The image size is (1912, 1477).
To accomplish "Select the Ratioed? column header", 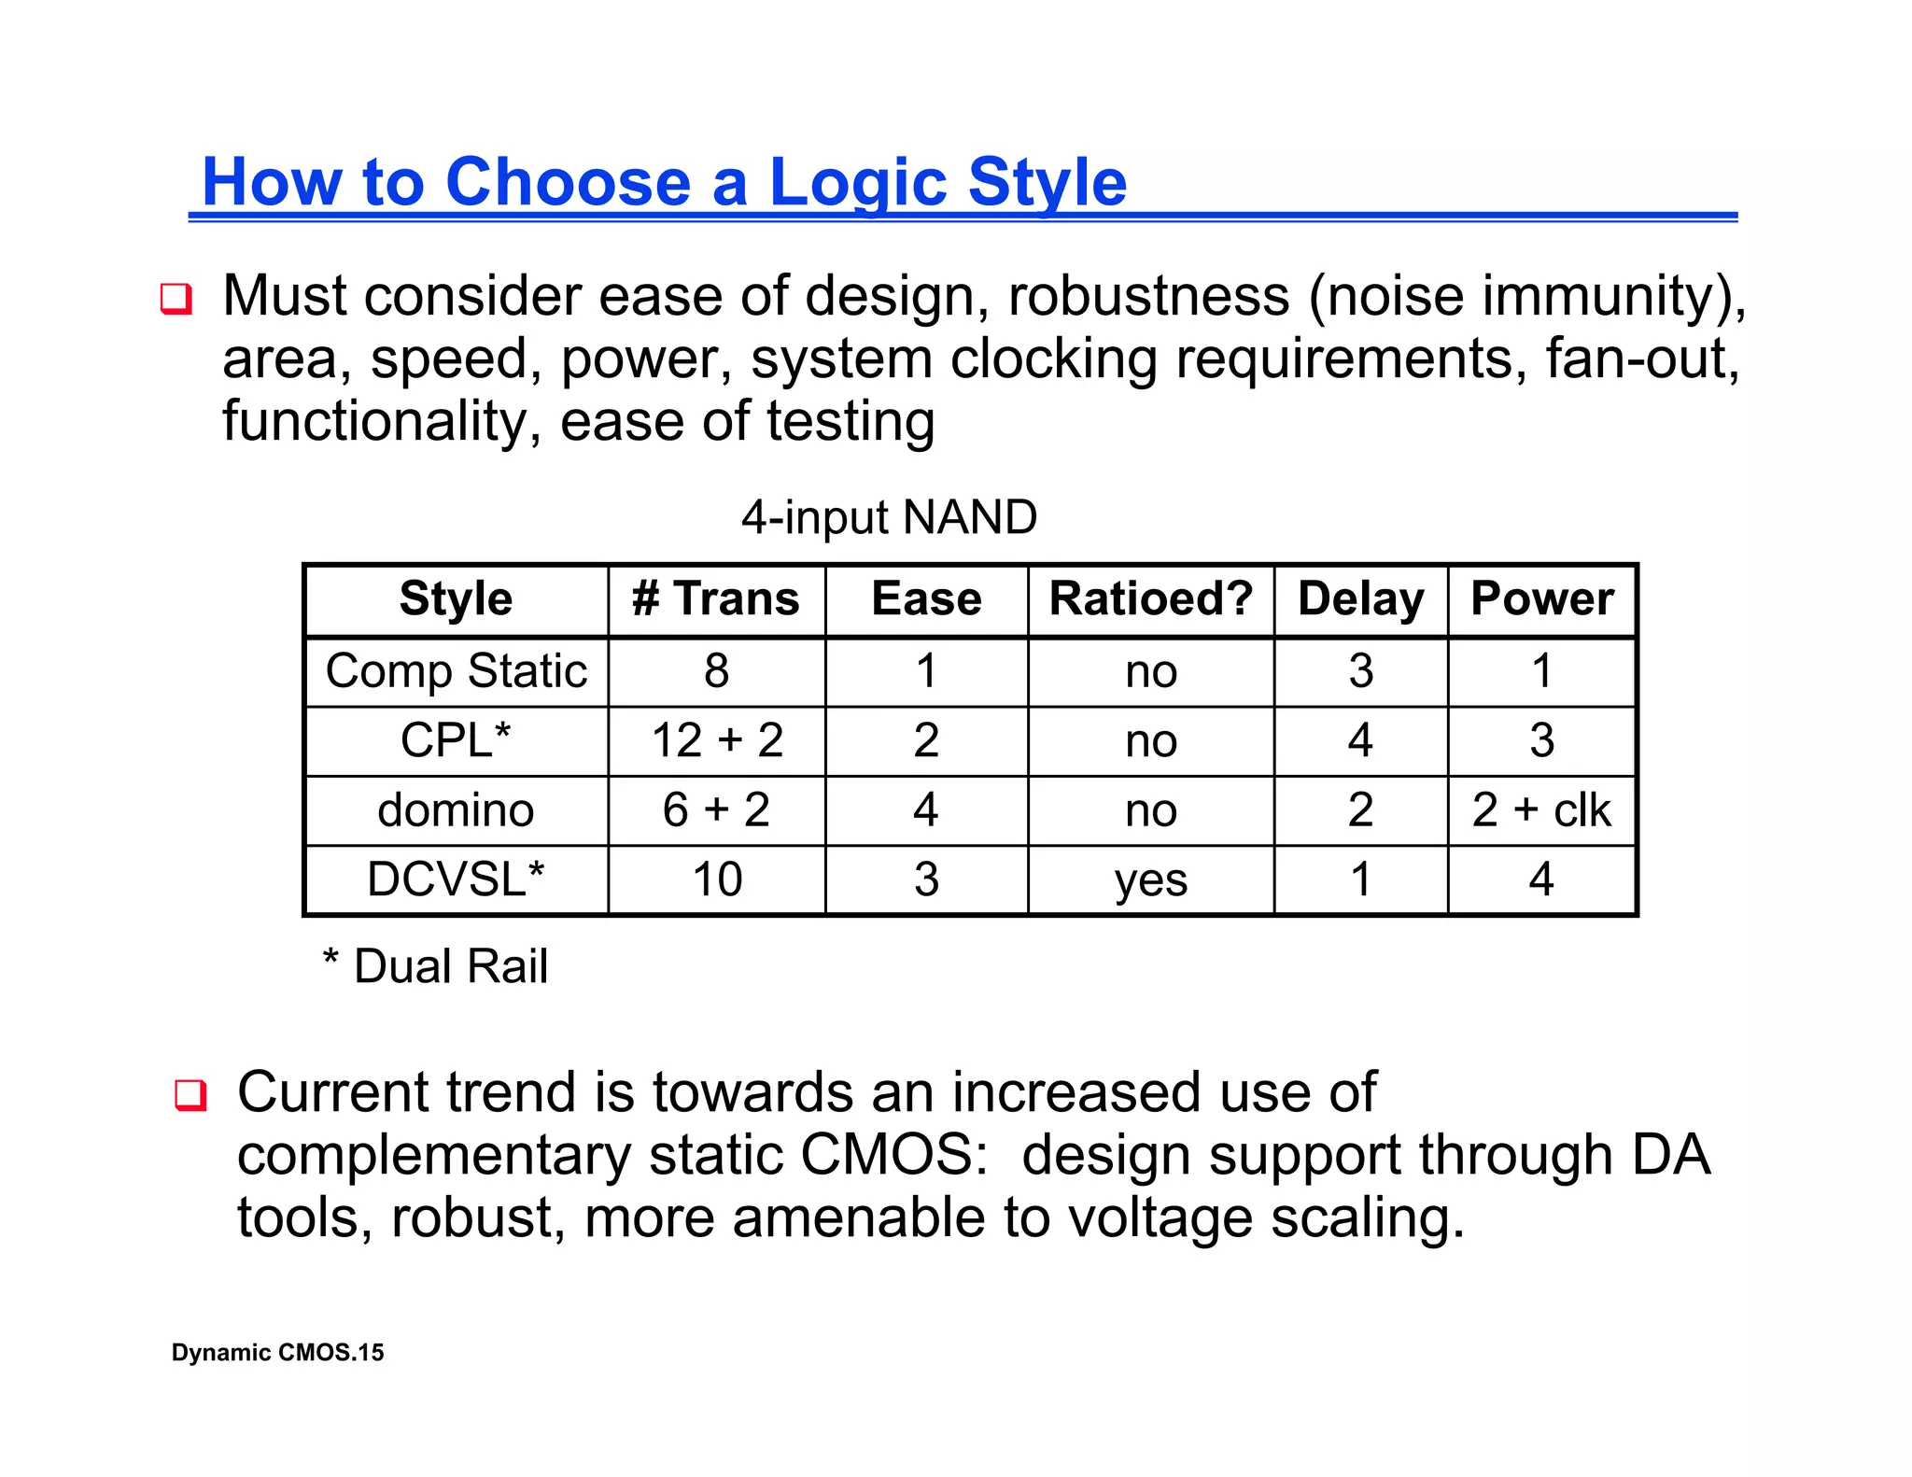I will click(x=1150, y=598).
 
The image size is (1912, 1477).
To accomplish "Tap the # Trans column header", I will click(x=716, y=598).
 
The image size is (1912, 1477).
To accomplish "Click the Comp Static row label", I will click(x=456, y=671).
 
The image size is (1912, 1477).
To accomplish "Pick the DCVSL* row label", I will click(x=456, y=879).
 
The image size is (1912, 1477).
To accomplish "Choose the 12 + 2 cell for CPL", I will click(x=716, y=740).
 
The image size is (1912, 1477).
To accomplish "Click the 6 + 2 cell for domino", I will click(x=716, y=809).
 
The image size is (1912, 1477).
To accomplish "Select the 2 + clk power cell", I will click(x=1541, y=809).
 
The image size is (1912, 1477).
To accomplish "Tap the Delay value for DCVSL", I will click(x=1360, y=879).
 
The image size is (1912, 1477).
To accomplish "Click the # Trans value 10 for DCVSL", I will click(x=716, y=879).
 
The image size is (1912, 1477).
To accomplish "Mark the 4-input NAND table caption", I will click(x=889, y=517).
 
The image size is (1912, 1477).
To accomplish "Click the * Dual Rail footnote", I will click(x=435, y=966).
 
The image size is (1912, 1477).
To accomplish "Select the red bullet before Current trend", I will click(x=190, y=1094).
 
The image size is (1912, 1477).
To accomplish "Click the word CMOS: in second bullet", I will click(x=893, y=1156).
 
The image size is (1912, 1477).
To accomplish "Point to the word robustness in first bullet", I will click(x=1148, y=297).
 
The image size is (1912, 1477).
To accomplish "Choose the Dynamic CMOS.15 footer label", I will click(x=277, y=1353).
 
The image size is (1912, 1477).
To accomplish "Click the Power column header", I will click(x=1541, y=598).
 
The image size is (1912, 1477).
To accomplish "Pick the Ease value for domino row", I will click(x=925, y=809).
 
